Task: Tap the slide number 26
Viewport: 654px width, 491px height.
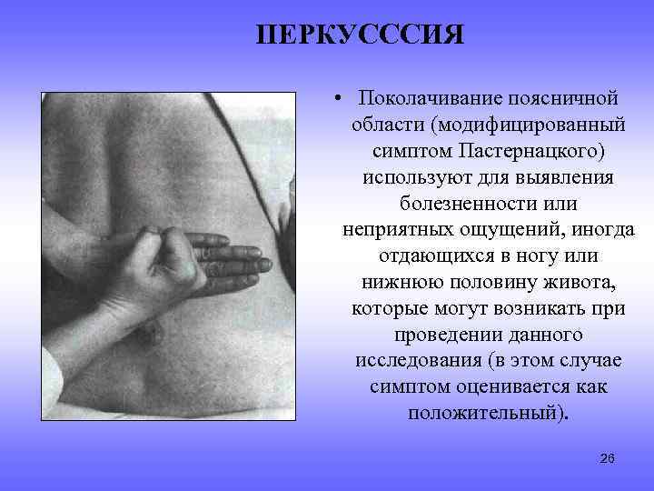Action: (x=608, y=458)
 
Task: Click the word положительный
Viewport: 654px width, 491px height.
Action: (x=485, y=412)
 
